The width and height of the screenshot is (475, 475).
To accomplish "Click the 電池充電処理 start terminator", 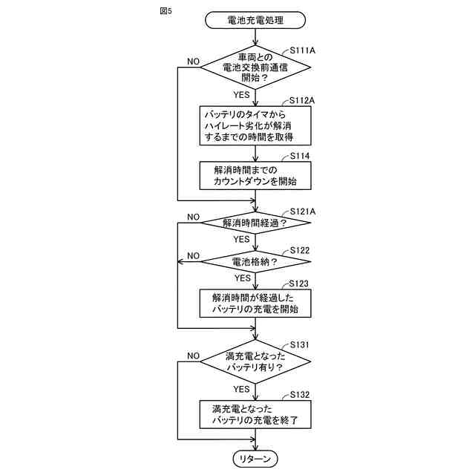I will pos(255,20).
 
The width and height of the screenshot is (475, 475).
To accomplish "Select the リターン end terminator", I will pos(255,459).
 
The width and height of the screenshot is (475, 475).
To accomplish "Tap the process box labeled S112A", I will pos(255,125).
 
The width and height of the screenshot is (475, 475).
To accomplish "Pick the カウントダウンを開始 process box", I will pos(255,176).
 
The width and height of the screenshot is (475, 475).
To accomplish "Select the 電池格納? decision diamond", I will pos(255,261).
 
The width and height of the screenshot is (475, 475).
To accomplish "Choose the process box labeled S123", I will pos(255,302).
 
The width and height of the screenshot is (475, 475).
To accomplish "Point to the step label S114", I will pos(299,156).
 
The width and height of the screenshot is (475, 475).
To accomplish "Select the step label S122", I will pos(299,251).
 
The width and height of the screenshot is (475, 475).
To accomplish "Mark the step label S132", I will pos(299,394).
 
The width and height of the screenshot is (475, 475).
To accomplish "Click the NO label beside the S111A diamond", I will pos(193,61).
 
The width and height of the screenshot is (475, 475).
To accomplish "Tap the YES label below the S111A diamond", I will pos(242,95).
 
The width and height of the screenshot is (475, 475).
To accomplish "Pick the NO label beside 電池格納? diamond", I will pos(193,255).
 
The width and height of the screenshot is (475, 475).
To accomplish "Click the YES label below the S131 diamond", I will pos(242,389).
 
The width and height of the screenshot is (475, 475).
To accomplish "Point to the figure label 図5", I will pos(165,11).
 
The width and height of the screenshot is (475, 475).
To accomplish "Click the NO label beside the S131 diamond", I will pos(193,356).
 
